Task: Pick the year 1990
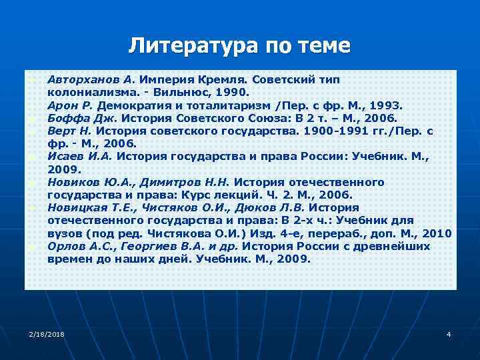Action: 236,92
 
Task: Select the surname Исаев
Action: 65,157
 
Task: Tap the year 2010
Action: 437,233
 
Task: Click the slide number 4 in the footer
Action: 449,333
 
